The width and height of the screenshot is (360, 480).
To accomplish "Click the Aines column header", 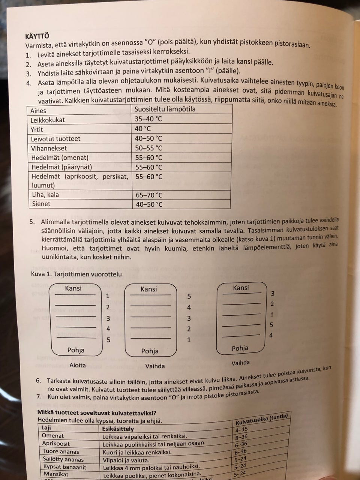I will [x=39, y=110].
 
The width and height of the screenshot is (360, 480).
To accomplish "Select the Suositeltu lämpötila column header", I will [x=165, y=109].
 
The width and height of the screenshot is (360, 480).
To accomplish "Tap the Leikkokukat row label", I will [x=48, y=120].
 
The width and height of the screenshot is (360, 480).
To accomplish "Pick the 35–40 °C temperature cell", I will [x=148, y=119].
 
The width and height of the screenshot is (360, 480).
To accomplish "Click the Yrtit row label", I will [x=37, y=129].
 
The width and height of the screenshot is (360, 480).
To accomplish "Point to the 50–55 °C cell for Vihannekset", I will [x=148, y=148].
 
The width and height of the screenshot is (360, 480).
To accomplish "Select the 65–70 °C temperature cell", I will [x=148, y=195].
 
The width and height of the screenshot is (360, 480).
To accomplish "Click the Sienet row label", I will [x=41, y=204].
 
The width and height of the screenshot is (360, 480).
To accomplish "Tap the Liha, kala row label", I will [x=45, y=195].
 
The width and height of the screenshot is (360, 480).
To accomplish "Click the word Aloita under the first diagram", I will [x=78, y=365].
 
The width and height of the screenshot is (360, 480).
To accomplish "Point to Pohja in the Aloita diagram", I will [x=76, y=350].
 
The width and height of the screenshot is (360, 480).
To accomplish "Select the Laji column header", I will [x=46, y=428].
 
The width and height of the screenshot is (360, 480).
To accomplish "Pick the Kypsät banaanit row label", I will [x=64, y=467].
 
